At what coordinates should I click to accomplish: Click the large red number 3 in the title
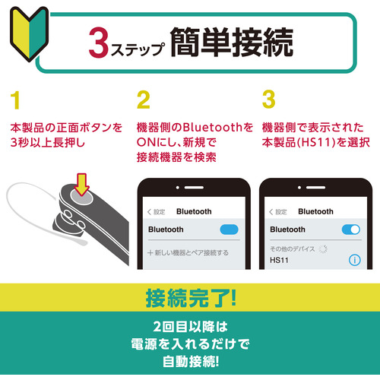pyautogui.click(x=99, y=43)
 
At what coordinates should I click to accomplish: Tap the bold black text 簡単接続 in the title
pyautogui.click(x=232, y=42)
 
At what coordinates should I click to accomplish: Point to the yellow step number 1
pyautogui.click(x=15, y=100)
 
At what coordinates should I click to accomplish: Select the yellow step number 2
pyautogui.click(x=144, y=100)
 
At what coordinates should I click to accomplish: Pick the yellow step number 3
pyautogui.click(x=269, y=100)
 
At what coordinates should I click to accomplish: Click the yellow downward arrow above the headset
pyautogui.click(x=81, y=185)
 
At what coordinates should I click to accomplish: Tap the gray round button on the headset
pyautogui.click(x=81, y=196)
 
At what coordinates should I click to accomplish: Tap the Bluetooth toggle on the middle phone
pyautogui.click(x=229, y=230)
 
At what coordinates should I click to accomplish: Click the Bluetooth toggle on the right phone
pyautogui.click(x=351, y=230)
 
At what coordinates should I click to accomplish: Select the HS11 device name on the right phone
pyautogui.click(x=279, y=260)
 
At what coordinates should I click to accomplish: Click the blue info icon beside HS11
pyautogui.click(x=355, y=260)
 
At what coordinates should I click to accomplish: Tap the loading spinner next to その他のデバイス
pyautogui.click(x=323, y=249)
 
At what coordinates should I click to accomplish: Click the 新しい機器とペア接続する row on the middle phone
pyautogui.click(x=188, y=252)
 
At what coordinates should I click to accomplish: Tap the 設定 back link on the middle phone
pyautogui.click(x=157, y=211)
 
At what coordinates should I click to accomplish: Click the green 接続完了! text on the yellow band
pyautogui.click(x=191, y=298)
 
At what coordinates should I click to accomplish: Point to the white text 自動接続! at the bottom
pyautogui.click(x=191, y=362)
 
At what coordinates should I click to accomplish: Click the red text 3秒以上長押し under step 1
pyautogui.click(x=48, y=143)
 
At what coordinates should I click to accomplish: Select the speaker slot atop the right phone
pyautogui.click(x=315, y=188)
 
